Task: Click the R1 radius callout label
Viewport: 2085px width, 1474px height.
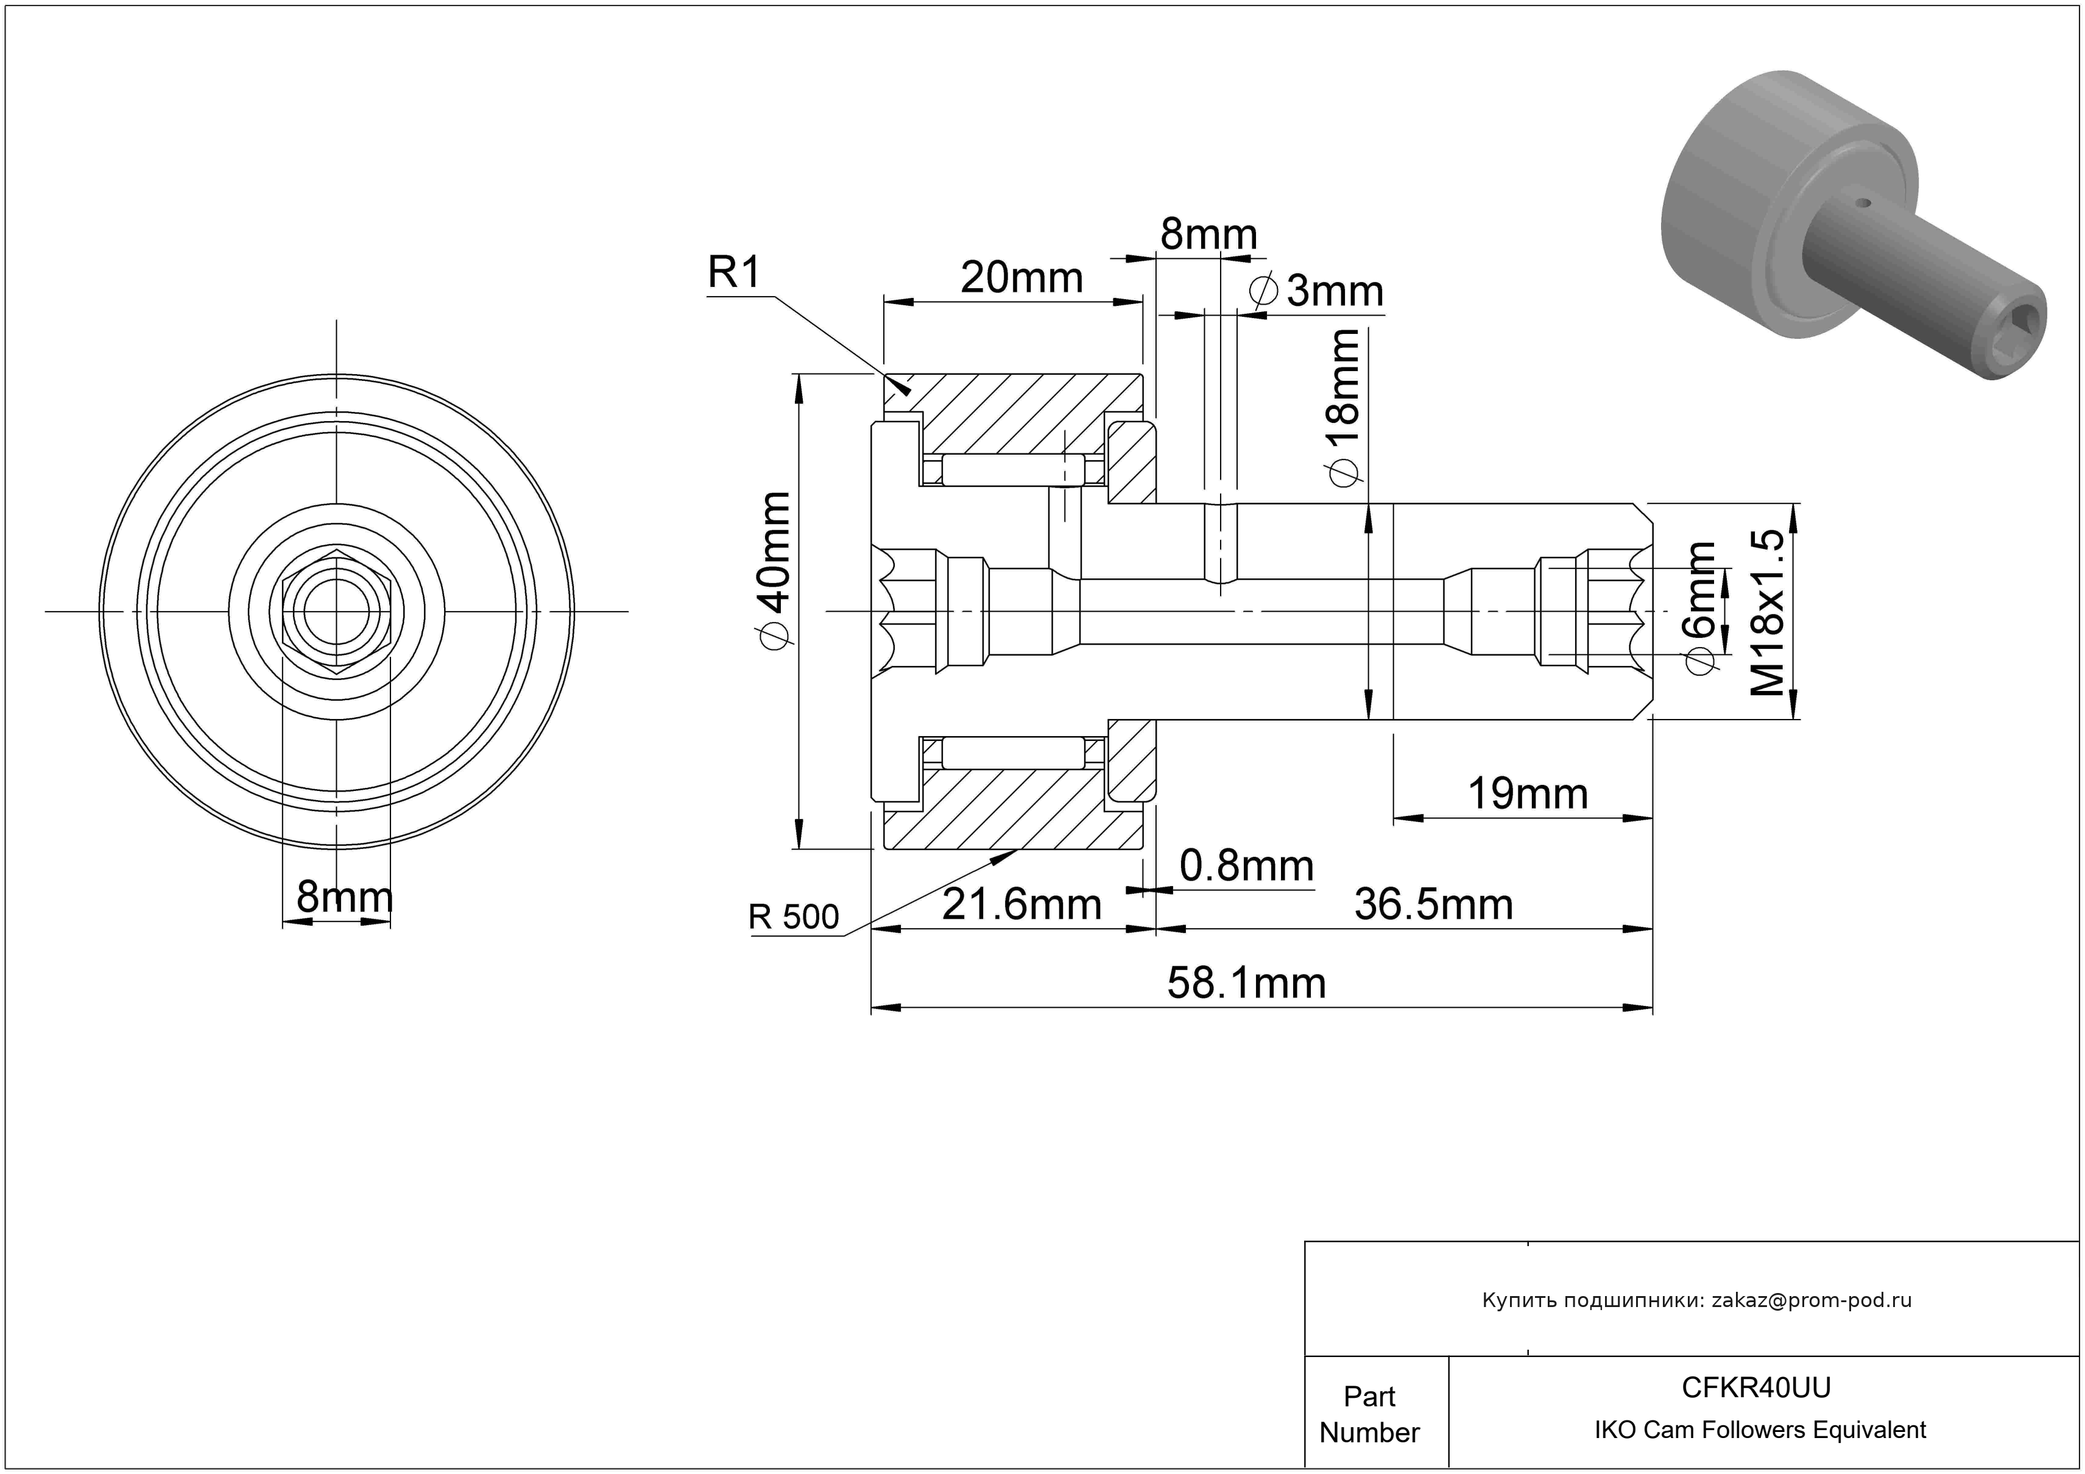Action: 734,272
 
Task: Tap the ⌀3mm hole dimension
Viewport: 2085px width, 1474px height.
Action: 1318,291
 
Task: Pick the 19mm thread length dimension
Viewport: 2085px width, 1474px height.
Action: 1528,795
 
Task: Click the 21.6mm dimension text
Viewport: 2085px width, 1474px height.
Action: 1021,905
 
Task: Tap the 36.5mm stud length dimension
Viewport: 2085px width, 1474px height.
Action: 1434,905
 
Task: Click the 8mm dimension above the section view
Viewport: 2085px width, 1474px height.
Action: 1208,235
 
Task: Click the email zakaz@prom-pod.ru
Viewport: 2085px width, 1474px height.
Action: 1812,1300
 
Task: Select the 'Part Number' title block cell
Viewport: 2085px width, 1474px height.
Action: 1369,1414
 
